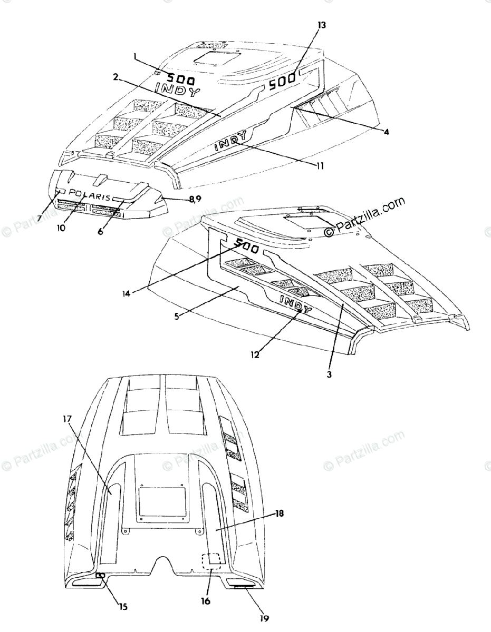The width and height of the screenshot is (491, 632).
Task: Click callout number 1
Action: (136, 55)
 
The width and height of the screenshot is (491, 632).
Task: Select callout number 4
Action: (387, 132)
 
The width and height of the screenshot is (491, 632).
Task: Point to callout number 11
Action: (320, 165)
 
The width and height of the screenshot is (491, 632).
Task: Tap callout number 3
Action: (330, 374)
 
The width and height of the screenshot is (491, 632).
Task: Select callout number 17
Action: (67, 420)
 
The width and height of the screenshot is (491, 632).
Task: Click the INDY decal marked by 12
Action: (295, 304)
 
